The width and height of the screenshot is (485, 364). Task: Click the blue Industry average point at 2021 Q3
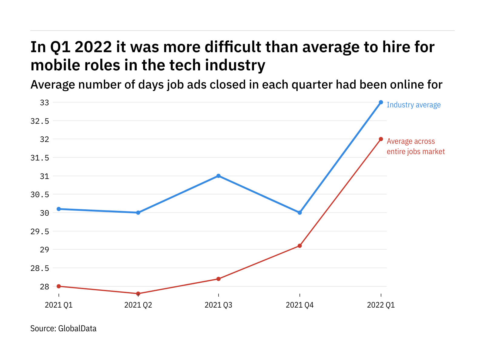218,176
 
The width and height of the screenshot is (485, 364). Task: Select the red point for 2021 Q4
299,246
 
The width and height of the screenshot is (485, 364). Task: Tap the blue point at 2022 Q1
381,102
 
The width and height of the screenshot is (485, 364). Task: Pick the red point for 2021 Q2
138,294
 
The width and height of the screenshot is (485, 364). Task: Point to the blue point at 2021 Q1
59,209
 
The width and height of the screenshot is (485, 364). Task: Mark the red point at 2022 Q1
381,139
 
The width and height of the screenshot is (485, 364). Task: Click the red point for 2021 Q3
218,279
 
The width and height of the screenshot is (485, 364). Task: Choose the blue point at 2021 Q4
299,213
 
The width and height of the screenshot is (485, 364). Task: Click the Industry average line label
413,105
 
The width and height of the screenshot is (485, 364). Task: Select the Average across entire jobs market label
416,147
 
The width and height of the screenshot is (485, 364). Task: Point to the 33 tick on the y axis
44,103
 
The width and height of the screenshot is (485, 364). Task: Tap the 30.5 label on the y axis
40,195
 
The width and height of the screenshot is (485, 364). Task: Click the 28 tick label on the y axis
44,287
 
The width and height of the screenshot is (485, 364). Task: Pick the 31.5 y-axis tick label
40,158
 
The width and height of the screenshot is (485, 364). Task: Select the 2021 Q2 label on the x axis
138,305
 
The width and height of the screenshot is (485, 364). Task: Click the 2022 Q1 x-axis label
381,305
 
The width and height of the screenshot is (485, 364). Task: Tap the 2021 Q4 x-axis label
299,305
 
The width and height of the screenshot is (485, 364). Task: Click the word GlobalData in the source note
77,329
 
